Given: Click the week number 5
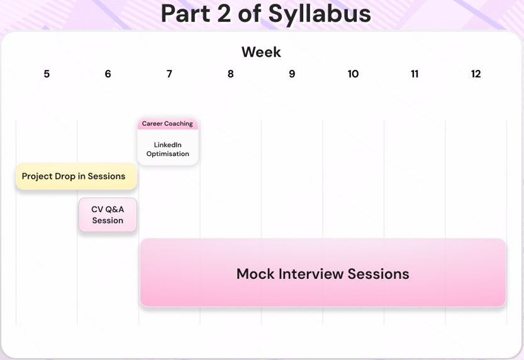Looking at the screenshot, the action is coord(47,74).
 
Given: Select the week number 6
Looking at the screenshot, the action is coord(108,74).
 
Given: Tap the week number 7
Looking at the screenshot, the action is coord(169,74).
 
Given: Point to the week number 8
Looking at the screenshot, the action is coord(231,74).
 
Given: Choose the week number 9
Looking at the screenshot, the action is coord(292,74).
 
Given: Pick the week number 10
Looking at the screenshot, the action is coord(353,74).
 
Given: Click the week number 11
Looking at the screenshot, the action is coord(415,74).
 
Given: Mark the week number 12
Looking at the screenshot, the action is coord(476,74).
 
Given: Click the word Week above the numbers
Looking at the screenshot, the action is coord(261,52).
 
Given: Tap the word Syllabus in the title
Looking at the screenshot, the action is coord(320,14).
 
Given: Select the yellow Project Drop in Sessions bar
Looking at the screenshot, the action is coord(76,176).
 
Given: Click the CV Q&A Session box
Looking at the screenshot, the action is coord(108,215).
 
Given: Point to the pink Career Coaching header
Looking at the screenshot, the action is coord(168,124).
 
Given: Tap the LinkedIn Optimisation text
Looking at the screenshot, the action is coord(168,149).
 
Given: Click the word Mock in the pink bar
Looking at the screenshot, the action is coord(255,274).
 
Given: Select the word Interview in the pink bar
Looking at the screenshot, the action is coord(311,274).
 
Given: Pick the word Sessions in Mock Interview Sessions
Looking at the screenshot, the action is coord(378,274).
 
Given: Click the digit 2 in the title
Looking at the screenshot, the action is coord(224,14).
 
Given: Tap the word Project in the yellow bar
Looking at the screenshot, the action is coord(35,176).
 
